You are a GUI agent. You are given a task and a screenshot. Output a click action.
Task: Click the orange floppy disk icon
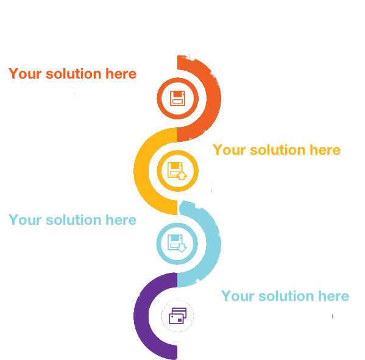177,98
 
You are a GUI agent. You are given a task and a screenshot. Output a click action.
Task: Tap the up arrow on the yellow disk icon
182,175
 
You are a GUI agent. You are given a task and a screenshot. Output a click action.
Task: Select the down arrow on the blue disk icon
182,248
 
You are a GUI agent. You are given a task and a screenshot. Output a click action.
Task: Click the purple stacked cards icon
177,316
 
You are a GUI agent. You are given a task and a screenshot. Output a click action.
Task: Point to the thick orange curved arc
213,98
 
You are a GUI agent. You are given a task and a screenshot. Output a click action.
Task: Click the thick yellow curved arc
141,171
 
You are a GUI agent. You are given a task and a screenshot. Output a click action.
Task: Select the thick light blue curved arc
213,244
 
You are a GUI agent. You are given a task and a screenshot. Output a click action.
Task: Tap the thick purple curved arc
141,316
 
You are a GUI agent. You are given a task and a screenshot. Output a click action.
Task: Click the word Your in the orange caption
25,74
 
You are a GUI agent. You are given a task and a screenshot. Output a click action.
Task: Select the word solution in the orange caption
74,74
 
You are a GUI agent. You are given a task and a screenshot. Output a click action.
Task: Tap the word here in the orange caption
121,74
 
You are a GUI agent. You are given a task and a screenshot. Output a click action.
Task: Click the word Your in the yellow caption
229,150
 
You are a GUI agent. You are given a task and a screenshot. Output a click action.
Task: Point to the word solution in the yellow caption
278,150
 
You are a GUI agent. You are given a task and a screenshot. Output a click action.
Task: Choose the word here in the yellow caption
325,150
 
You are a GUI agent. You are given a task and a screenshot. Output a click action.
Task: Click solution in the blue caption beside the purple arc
286,296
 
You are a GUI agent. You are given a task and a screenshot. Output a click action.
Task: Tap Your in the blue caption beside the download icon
25,220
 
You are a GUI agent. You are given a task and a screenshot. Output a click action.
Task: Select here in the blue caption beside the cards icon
333,296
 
